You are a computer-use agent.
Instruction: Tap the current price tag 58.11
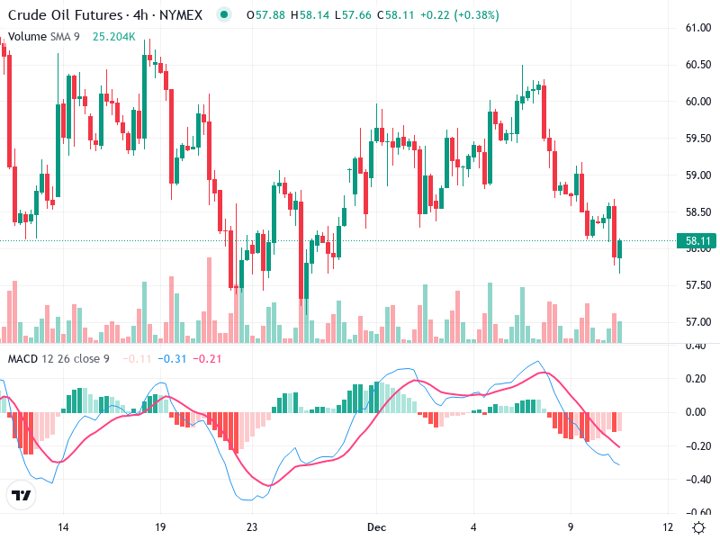(x=698, y=241)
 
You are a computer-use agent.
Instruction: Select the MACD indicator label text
(x=58, y=359)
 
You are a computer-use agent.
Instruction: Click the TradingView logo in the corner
(x=21, y=496)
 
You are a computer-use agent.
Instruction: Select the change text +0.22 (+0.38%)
(x=457, y=14)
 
